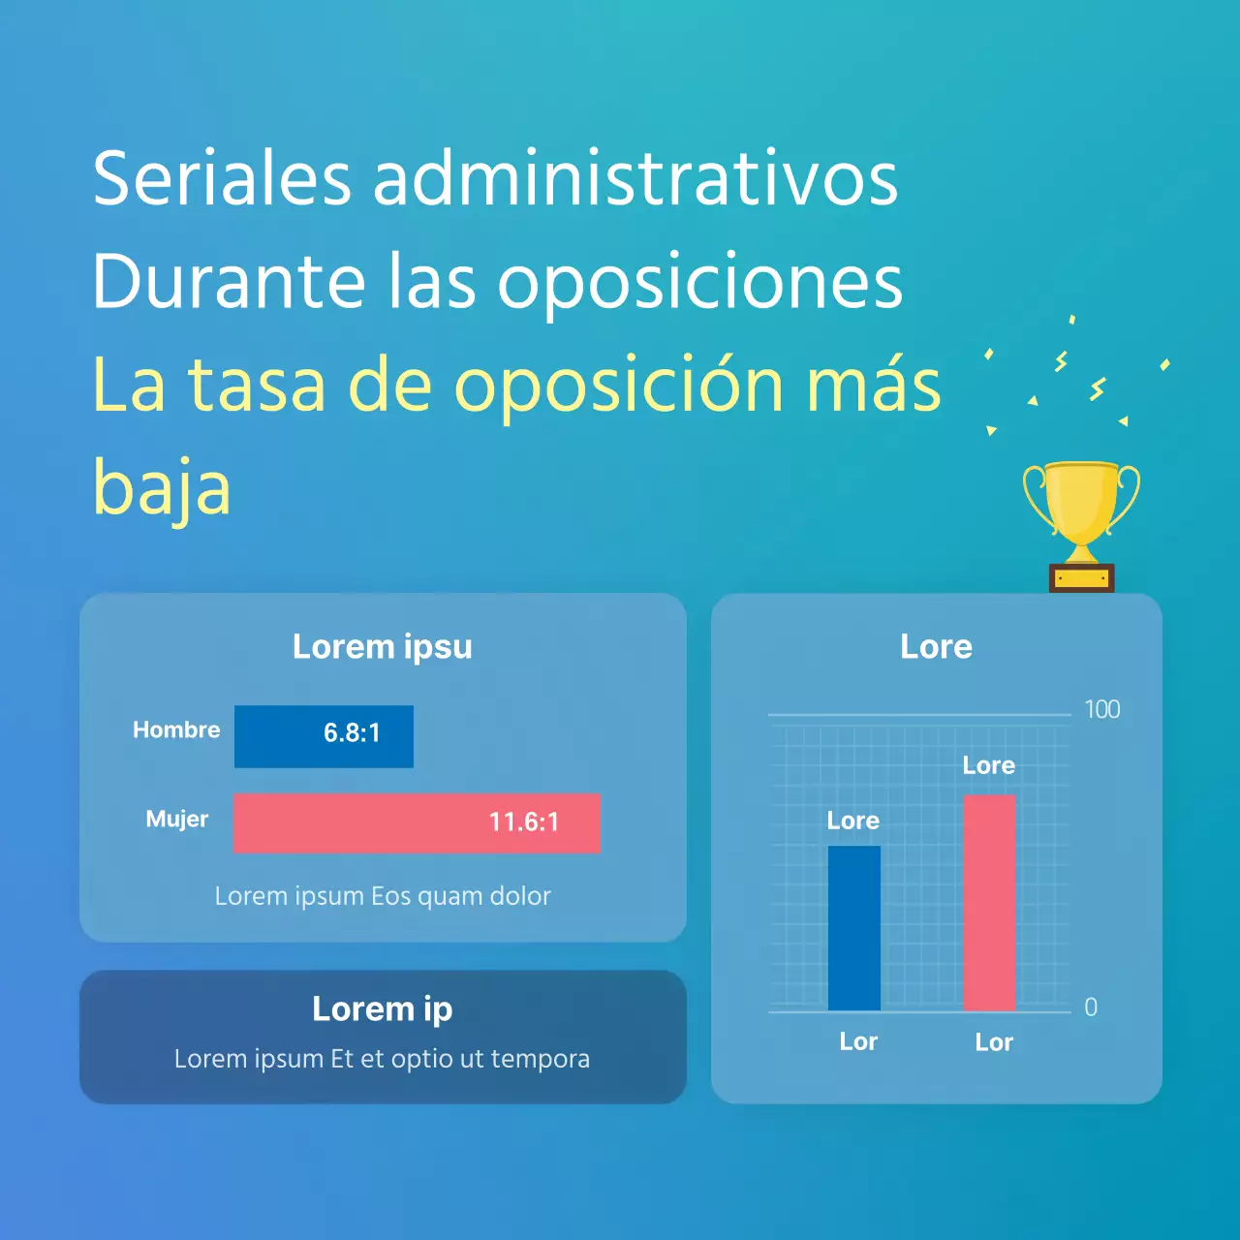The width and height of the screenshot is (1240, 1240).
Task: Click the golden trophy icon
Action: tap(1081, 523)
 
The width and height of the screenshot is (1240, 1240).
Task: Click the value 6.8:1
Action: tap(352, 733)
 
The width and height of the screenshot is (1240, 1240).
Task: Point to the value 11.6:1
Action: tap(523, 822)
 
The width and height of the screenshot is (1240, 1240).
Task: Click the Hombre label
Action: tap(176, 730)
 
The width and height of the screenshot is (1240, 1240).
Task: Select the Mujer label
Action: tap(177, 820)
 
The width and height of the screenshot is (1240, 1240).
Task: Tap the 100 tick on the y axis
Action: tap(1102, 710)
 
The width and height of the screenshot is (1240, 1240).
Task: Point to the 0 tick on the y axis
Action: tap(1091, 1007)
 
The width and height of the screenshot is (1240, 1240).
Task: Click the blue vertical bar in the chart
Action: tap(854, 928)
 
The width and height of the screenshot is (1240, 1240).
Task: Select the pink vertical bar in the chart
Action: tap(989, 903)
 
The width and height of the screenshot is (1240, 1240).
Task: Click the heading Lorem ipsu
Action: tap(383, 647)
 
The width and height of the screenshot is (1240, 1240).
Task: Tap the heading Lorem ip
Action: tap(383, 1009)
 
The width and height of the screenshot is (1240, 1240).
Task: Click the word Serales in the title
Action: tap(222, 179)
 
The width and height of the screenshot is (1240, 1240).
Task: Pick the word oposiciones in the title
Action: tap(700, 282)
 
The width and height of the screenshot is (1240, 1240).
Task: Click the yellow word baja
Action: tap(162, 488)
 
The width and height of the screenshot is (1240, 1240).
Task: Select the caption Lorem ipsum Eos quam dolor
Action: tap(383, 896)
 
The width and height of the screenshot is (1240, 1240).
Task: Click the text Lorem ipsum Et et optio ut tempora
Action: tap(382, 1059)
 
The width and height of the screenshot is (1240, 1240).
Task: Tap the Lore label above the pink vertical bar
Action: tap(989, 766)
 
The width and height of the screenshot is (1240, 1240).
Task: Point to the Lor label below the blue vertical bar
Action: tap(858, 1042)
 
